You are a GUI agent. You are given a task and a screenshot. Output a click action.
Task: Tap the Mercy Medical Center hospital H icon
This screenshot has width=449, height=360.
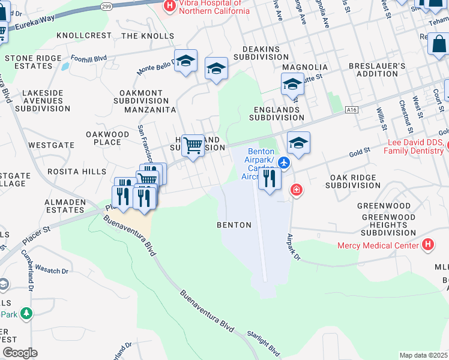point(427,245)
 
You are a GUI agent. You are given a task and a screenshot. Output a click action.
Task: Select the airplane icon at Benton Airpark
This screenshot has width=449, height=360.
point(284,163)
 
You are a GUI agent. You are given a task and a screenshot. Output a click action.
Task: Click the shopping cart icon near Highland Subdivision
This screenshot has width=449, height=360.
point(193,145)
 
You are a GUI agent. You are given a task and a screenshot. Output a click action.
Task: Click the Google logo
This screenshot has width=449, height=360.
point(20,353)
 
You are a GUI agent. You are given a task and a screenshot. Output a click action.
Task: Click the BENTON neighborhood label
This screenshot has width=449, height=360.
point(234,225)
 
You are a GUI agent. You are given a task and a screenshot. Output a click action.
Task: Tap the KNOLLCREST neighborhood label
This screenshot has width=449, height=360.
point(84,35)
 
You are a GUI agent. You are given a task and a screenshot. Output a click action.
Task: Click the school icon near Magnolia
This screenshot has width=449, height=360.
point(292,84)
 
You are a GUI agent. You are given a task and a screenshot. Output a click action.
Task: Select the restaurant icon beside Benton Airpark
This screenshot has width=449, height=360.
point(270,178)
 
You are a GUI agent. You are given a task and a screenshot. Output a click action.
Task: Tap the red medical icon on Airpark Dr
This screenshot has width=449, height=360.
point(296,191)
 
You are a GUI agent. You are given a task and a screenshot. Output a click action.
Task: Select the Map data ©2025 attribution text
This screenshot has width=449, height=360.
point(423,355)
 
